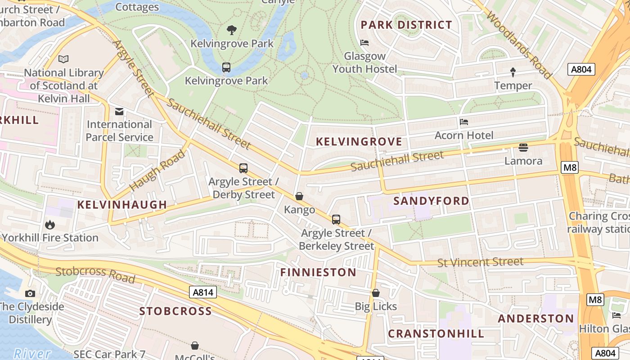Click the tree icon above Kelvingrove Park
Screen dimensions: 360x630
pyautogui.click(x=232, y=30)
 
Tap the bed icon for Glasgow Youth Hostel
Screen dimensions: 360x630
pyautogui.click(x=364, y=43)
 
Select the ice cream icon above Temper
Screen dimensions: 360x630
pyautogui.click(x=513, y=72)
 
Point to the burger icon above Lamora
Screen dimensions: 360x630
pyautogui.click(x=523, y=147)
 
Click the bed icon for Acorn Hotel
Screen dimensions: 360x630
pyautogui.click(x=463, y=122)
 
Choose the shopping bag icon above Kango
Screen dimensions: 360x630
pyautogui.click(x=299, y=196)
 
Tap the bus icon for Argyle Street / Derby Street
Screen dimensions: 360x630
pyautogui.click(x=243, y=168)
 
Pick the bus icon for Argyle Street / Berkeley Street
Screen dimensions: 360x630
pyautogui.click(x=336, y=220)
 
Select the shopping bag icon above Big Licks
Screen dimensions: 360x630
pyautogui.click(x=376, y=293)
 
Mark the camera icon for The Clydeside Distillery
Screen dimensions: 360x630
pyautogui.click(x=30, y=293)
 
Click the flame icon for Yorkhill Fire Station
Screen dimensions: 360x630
pyautogui.click(x=49, y=224)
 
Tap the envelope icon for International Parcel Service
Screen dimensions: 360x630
pyautogui.click(x=119, y=111)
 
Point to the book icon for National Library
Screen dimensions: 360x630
pyautogui.click(x=64, y=59)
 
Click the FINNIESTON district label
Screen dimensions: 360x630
pyautogui.click(x=318, y=272)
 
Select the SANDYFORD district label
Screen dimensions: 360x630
pyautogui.click(x=431, y=201)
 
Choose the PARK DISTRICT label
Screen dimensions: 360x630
pyautogui.click(x=406, y=25)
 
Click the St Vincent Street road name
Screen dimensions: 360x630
pyautogui.click(x=480, y=262)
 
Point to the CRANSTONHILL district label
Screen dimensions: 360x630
pyautogui.click(x=436, y=333)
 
